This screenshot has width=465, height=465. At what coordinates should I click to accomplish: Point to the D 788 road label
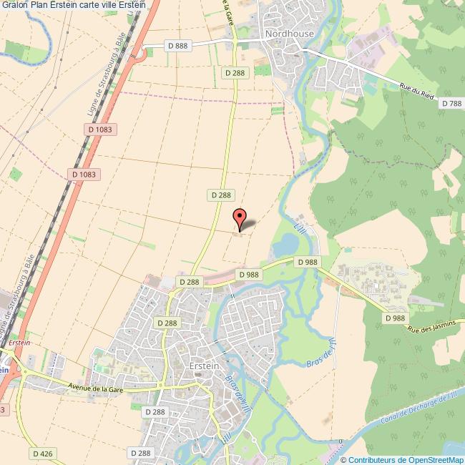451,104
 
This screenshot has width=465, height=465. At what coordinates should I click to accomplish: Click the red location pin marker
240,217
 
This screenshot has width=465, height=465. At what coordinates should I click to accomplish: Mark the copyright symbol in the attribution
343,460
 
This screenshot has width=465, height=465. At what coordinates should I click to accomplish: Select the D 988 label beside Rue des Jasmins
393,318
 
